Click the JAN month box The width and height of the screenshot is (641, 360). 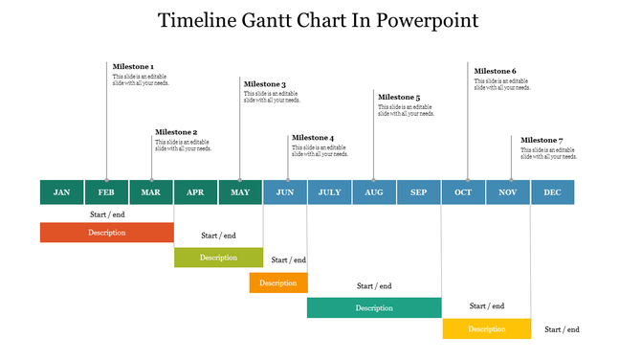tap(61, 192)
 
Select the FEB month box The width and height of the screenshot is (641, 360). tap(106, 192)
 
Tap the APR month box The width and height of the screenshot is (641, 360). tap(195, 192)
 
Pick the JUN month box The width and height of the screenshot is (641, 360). tap(285, 192)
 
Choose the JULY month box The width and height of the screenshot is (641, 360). tap(329, 192)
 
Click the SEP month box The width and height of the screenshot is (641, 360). tap(419, 192)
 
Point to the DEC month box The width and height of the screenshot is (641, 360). tap(553, 192)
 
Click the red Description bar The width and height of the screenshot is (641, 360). tap(107, 233)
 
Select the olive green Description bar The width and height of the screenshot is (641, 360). tap(218, 257)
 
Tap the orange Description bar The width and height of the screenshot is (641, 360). tap(278, 282)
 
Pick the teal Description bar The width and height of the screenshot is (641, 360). tap(374, 307)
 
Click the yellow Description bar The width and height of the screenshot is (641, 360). tap(486, 328)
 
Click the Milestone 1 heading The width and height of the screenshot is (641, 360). tap(133, 67)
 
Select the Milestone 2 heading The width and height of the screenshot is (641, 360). tap(176, 132)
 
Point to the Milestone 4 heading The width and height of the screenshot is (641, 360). tap(313, 138)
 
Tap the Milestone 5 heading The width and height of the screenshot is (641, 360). tap(399, 98)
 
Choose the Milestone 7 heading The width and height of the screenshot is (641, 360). tap(542, 140)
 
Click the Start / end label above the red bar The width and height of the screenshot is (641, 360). tap(107, 214)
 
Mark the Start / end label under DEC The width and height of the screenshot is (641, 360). tap(562, 329)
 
